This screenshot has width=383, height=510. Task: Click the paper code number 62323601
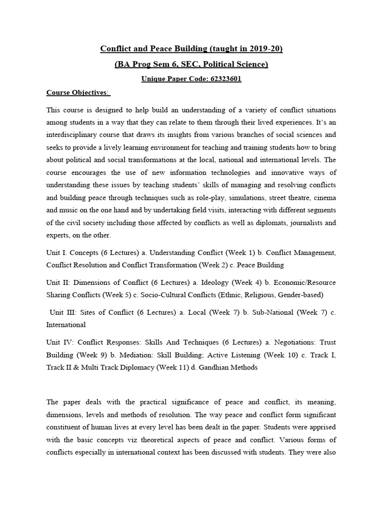(219, 79)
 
